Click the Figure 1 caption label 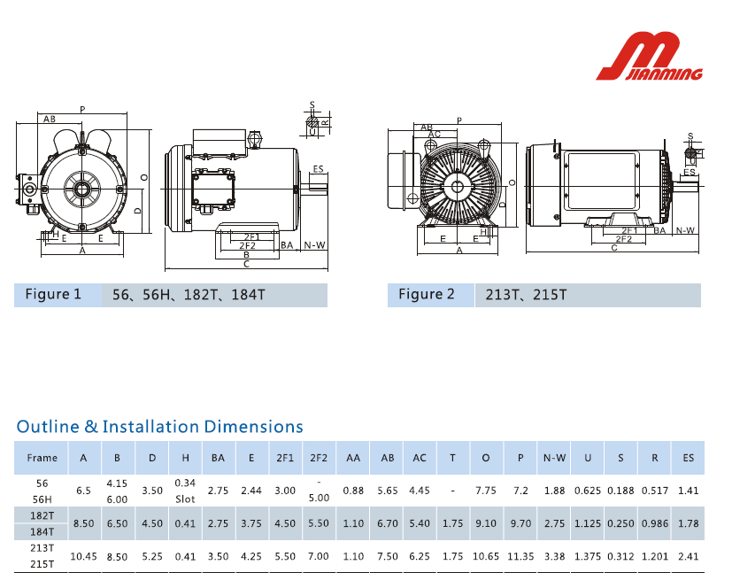52,295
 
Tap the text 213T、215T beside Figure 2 526,295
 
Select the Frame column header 42,458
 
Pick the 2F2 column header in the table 319,458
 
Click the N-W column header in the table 554,458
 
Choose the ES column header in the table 688,458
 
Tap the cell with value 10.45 83,556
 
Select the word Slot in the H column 185,499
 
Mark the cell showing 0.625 588,491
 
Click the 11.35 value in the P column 520,556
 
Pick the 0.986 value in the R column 654,523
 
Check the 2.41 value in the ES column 688,556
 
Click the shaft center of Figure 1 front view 81,189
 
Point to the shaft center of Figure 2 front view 457,186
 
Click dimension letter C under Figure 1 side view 246,264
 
